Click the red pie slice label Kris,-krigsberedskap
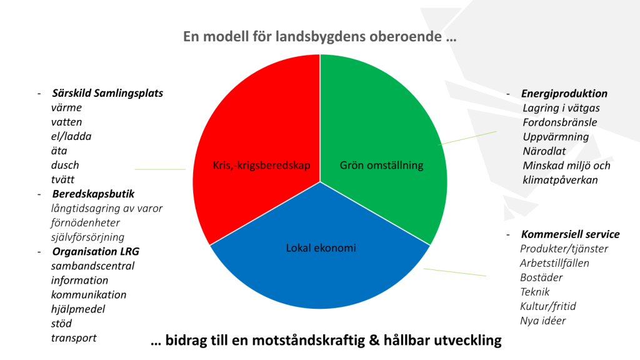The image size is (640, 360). click(262, 165)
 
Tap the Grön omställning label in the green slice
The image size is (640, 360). click(382, 165)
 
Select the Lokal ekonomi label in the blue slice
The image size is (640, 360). click(321, 247)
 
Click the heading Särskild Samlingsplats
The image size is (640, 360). click(107, 94)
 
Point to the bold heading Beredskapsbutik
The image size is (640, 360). click(93, 194)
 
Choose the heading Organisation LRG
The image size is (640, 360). click(96, 251)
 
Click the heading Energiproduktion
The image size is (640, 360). click(564, 94)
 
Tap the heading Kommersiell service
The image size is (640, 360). click(570, 234)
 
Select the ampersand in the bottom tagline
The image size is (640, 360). click(374, 340)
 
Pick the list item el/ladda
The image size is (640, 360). click(71, 136)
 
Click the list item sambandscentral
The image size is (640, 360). click(92, 266)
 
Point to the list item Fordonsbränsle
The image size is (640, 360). click(559, 122)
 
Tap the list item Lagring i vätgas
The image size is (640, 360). click(561, 108)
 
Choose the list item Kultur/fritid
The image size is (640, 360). click(547, 306)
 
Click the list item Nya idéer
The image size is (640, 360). click(543, 321)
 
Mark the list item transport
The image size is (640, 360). click(74, 338)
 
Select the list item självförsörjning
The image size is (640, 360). click(87, 237)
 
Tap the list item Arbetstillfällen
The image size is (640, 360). click(554, 263)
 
